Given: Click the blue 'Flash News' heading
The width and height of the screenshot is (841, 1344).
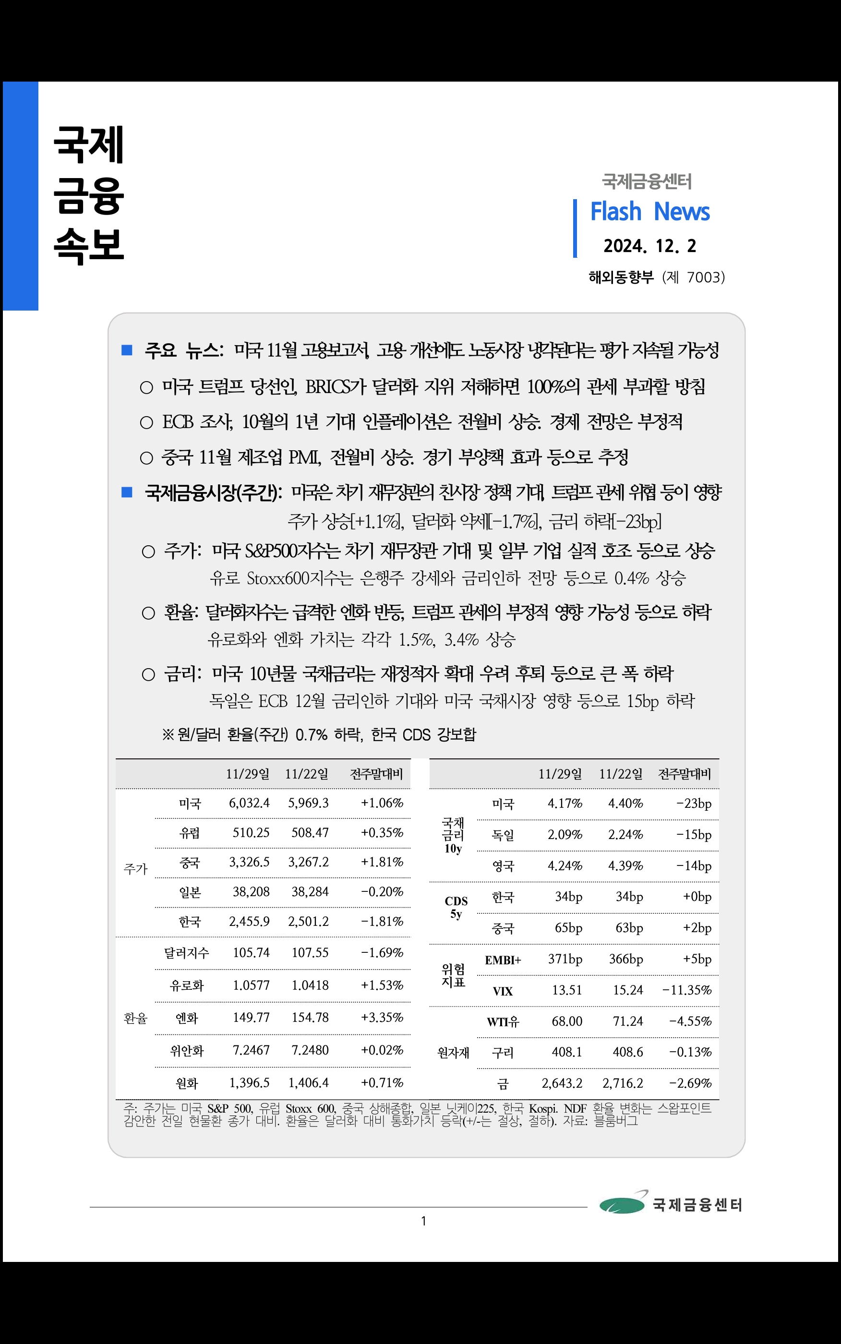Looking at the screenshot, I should [649, 212].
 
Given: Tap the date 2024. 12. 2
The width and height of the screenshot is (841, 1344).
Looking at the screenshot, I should [649, 246].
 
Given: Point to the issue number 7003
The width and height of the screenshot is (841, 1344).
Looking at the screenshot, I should [704, 277].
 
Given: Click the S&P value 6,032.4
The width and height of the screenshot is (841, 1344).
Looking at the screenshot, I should [249, 803].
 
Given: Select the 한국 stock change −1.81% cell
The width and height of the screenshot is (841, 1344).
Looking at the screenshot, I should [382, 922].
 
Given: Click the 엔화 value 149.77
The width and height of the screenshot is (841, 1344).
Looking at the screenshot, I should [251, 1018].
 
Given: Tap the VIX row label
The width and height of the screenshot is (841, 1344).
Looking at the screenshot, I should [502, 991].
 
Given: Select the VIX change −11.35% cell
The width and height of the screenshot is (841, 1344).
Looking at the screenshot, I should [687, 990].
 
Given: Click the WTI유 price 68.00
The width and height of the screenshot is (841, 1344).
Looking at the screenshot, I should [567, 1021].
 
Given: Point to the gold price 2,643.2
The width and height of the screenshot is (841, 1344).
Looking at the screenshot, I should [562, 1083].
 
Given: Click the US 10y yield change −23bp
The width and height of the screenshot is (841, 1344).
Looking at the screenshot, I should [694, 804].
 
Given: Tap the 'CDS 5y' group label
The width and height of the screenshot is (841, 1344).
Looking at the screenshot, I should [456, 908].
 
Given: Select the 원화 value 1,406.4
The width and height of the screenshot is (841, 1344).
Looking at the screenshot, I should [308, 1083].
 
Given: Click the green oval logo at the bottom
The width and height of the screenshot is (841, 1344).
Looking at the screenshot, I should [622, 1206].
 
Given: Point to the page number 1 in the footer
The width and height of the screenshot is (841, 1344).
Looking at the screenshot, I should [423, 1221].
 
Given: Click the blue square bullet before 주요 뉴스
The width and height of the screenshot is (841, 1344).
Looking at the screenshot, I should [127, 350].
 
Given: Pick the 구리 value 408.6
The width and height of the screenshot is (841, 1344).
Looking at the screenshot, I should [627, 1052].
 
